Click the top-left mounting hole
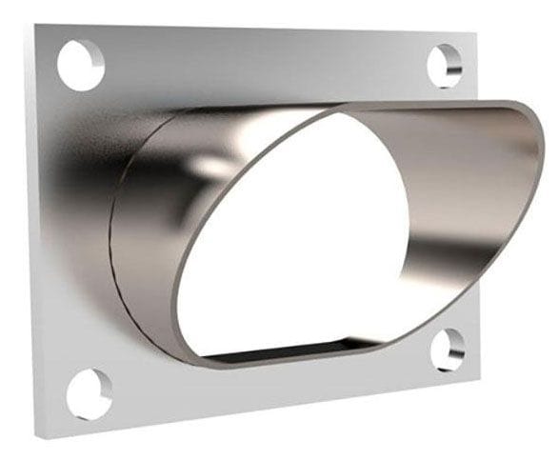[x=80, y=64]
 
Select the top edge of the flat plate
[x=257, y=31]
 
